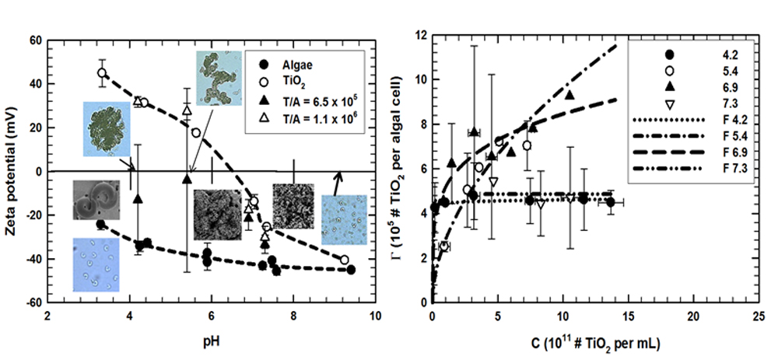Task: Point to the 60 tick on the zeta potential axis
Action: [37, 40]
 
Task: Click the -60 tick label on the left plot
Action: [35, 302]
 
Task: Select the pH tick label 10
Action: [375, 316]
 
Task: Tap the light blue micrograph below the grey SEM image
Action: [96, 265]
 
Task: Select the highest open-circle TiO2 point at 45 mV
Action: [102, 72]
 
